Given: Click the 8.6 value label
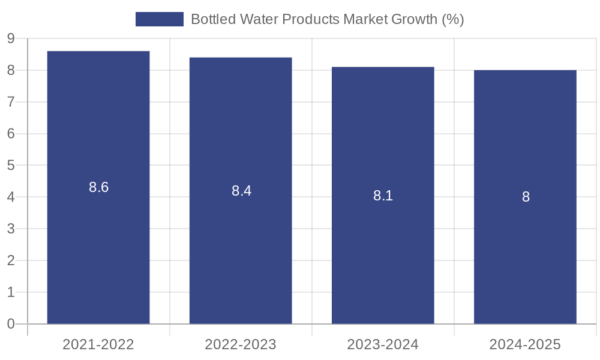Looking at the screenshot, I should (98, 187).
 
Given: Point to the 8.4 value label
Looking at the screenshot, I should (241, 191).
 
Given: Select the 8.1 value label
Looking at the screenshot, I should (383, 196).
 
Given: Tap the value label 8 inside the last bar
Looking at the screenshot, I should (526, 197).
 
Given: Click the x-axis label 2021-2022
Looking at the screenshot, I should (98, 344).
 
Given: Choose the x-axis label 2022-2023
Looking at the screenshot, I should (241, 344).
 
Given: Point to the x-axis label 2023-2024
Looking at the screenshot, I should (383, 344).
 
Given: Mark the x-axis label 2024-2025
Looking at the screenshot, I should (525, 344).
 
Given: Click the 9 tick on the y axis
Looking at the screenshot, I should (11, 39).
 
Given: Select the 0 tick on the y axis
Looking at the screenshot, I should (11, 324).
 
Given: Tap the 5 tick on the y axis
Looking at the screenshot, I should (11, 166).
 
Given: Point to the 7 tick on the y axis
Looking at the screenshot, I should (11, 102).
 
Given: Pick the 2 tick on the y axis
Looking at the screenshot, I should (11, 260).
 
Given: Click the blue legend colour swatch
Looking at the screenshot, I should (160, 19).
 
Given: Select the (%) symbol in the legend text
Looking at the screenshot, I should (453, 19).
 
